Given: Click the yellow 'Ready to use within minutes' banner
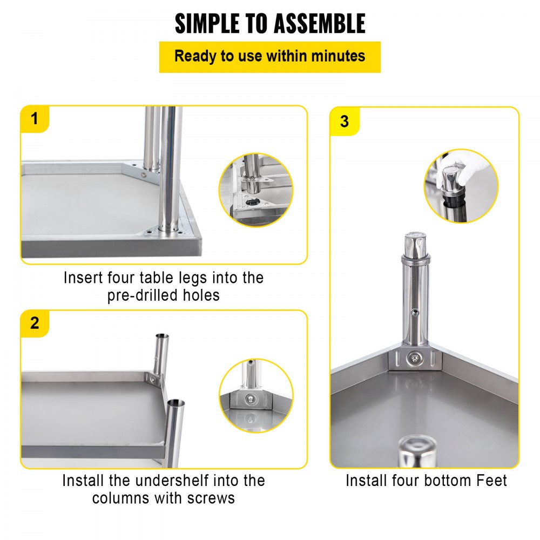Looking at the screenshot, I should coord(269,57).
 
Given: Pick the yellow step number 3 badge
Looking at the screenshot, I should coord(345,121).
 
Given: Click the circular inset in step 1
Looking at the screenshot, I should coord(256,190).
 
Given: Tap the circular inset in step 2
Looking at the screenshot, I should coord(256,396).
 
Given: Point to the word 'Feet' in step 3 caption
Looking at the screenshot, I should coord(489,480).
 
